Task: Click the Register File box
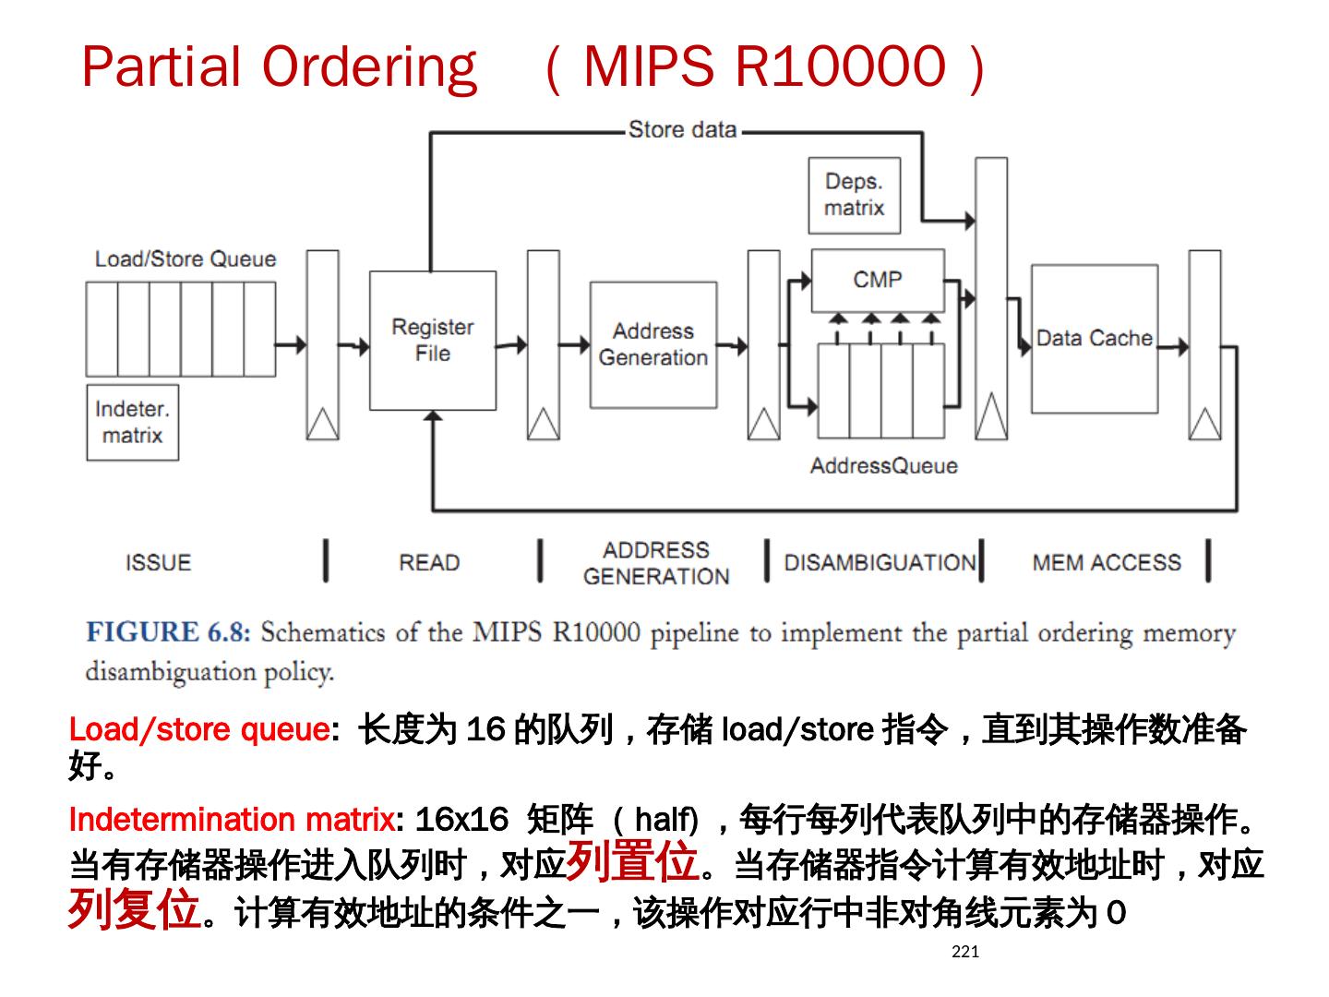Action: [x=432, y=340]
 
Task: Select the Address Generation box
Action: [x=653, y=344]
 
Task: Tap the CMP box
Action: [x=877, y=279]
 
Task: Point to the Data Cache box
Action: [x=1094, y=339]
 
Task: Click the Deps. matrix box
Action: [x=854, y=195]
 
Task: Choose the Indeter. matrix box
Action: [x=132, y=422]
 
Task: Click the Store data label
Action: [x=682, y=130]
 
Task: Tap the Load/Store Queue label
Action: [x=185, y=259]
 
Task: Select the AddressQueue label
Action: [x=883, y=466]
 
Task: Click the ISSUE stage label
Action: [x=158, y=562]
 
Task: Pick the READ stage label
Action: [x=428, y=562]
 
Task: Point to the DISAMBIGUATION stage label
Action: [x=880, y=562]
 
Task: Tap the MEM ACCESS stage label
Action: [x=1106, y=562]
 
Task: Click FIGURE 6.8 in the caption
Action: [x=167, y=632]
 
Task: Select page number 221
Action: [x=964, y=952]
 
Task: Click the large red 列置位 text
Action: [x=632, y=860]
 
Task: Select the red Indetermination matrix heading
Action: [x=232, y=819]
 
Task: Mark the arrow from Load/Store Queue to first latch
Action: [x=291, y=344]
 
